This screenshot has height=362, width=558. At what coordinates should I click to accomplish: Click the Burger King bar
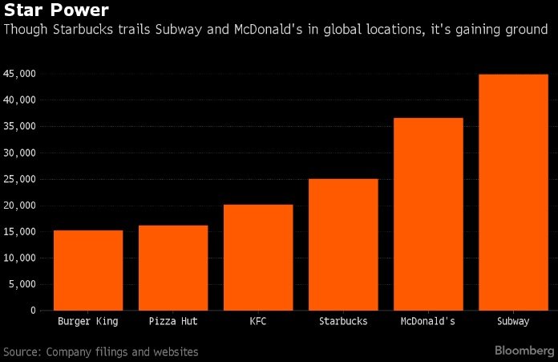tap(88, 270)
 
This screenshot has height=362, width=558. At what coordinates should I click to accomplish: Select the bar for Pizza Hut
tap(173, 267)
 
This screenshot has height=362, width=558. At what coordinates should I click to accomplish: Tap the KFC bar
tap(258, 257)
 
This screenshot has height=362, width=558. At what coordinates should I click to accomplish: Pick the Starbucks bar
tap(343, 244)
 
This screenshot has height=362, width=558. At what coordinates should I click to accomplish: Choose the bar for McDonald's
tap(428, 214)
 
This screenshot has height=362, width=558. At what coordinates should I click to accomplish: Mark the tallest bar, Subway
tap(513, 192)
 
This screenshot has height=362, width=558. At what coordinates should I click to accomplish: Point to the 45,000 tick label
tap(21, 74)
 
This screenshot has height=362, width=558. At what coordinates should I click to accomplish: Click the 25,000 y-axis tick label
tap(21, 179)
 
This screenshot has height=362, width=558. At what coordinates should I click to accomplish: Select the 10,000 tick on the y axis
tap(21, 258)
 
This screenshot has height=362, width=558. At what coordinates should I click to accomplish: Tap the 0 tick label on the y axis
tap(33, 310)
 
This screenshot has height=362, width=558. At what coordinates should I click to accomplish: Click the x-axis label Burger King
tap(88, 322)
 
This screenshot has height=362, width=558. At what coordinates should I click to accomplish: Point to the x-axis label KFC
tap(258, 322)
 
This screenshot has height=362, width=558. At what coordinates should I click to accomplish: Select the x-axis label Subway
tap(513, 322)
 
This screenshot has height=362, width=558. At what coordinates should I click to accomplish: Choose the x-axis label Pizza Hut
tap(173, 322)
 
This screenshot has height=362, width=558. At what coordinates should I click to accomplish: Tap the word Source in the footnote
tap(22, 352)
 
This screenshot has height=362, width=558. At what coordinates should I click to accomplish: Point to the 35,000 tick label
tap(21, 127)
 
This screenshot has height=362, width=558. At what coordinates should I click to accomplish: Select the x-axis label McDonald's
tap(428, 322)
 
